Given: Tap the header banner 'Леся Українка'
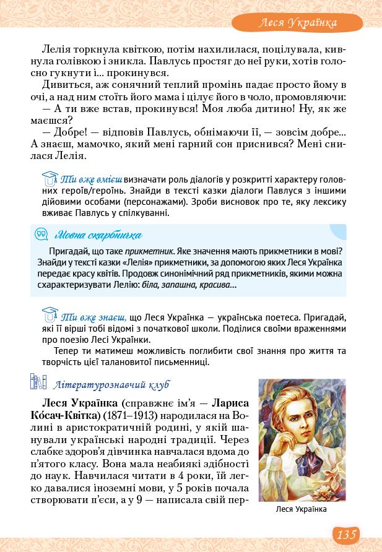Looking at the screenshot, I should tap(297, 23).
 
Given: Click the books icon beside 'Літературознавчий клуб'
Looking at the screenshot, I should tap(38, 383).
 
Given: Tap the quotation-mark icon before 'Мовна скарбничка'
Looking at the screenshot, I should tap(41, 235).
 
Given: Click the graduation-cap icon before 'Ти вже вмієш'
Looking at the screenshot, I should tap(50, 179).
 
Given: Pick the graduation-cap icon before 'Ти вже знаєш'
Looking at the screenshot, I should tap(50, 313).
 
